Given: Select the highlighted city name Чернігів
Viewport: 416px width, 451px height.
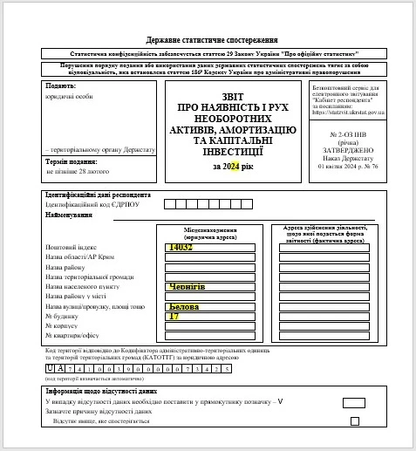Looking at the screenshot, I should point(188,285).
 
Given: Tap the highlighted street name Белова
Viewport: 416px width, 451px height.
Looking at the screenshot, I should point(184,307).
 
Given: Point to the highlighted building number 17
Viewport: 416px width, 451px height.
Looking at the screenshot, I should point(174,316).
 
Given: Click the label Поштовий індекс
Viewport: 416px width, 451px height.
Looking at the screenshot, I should point(70,248).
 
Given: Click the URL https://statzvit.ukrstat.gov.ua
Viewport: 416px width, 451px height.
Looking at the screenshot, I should point(348,113).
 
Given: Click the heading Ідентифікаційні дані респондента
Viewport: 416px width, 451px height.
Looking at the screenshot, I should point(98,195).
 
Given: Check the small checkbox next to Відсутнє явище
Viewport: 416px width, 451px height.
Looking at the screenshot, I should point(355,421).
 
